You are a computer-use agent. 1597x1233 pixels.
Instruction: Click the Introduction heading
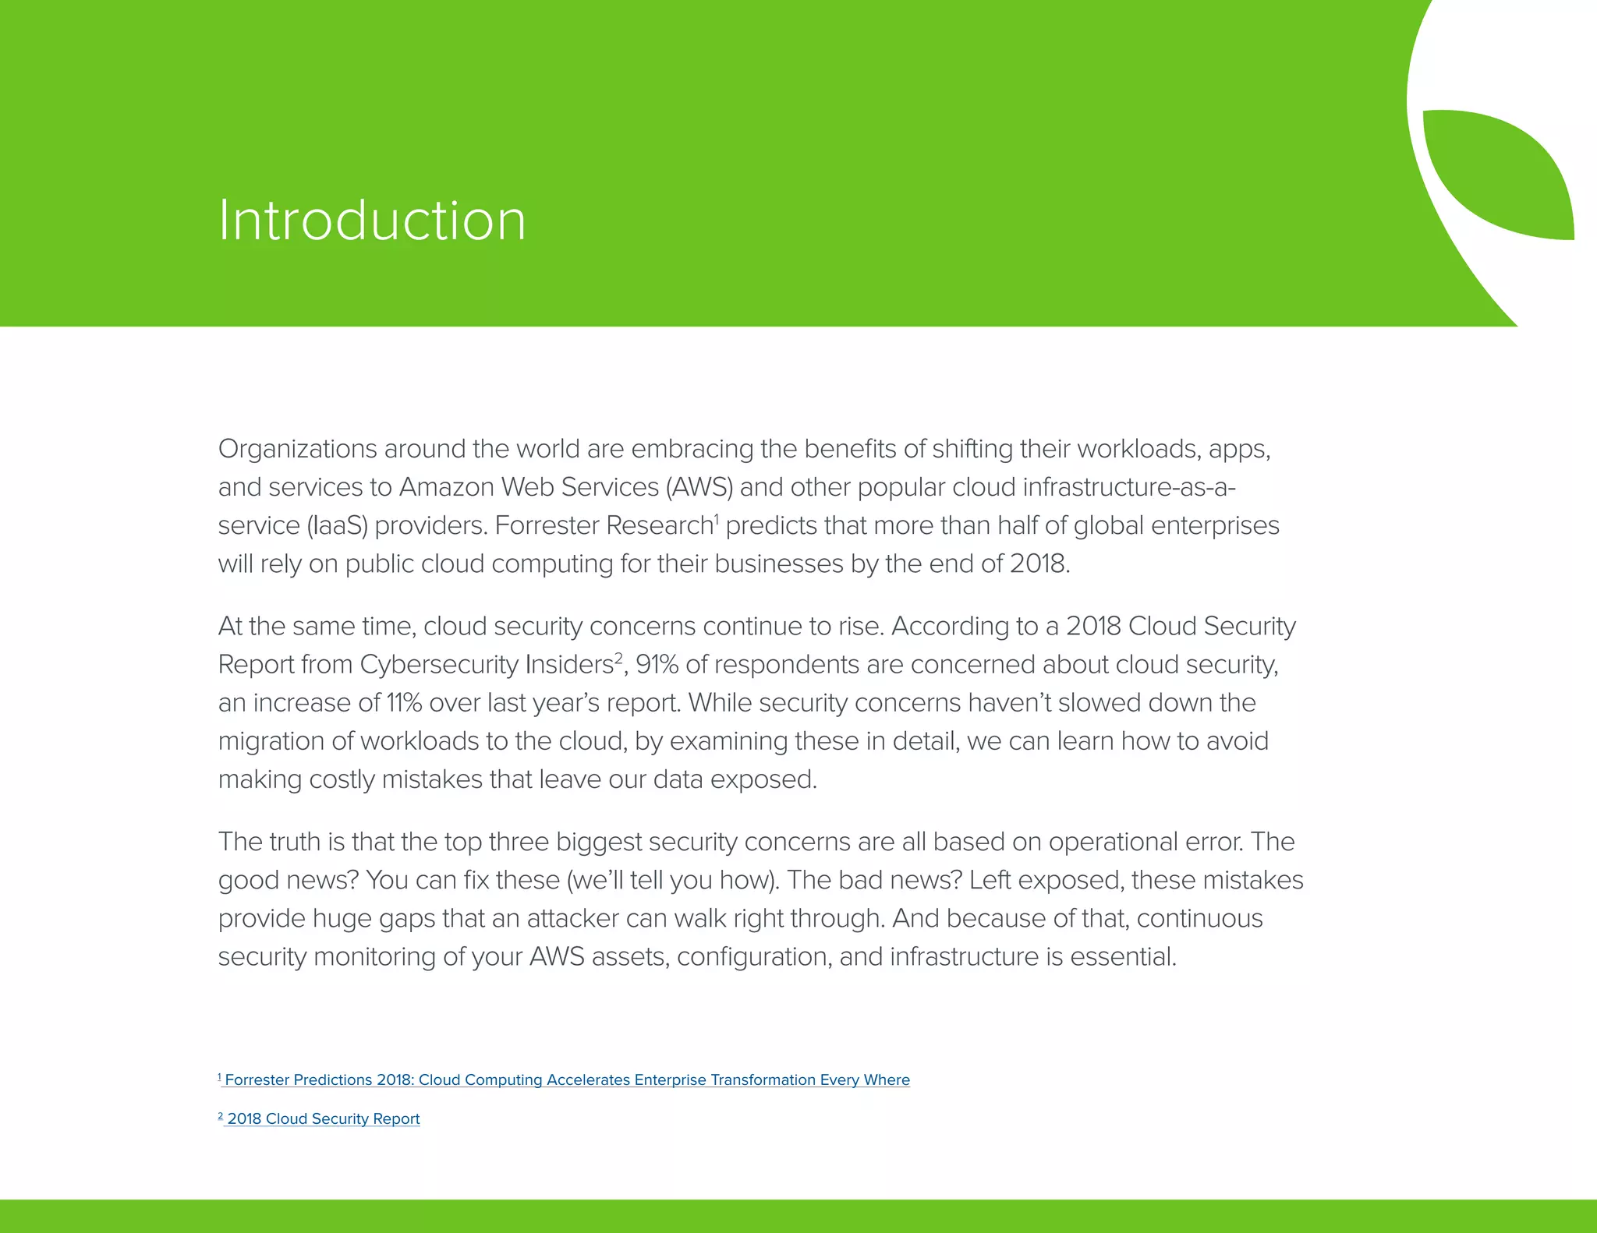(x=372, y=221)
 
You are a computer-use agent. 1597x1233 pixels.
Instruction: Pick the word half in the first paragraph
(x=1014, y=526)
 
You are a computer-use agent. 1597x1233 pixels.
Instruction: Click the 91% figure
(x=657, y=665)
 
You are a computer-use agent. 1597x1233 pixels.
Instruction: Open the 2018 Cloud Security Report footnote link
(x=323, y=1119)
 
